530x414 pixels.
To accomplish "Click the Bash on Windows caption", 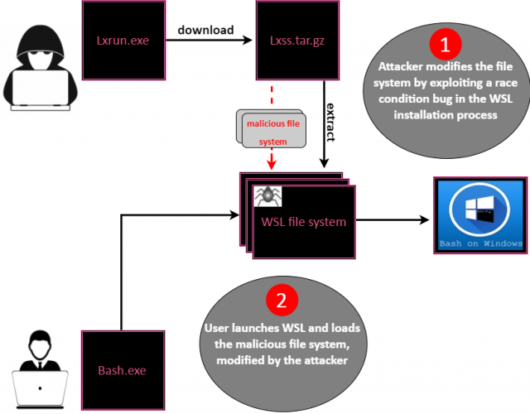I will point(480,243).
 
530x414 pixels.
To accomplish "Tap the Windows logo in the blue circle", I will point(480,212).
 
